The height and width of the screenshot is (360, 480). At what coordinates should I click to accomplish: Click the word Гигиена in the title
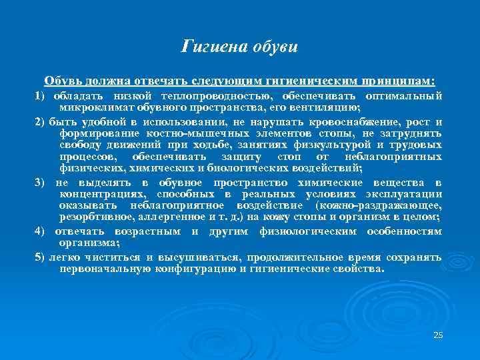[x=213, y=47]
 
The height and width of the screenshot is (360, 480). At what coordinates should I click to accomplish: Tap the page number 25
[x=438, y=335]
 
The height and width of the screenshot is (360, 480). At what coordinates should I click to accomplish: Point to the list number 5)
[x=39, y=257]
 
